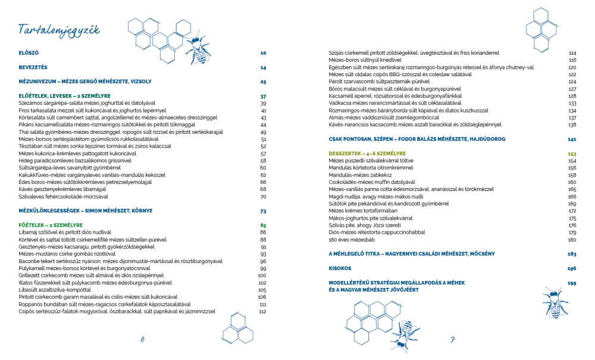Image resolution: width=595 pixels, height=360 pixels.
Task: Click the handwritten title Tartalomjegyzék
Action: [x=59, y=30]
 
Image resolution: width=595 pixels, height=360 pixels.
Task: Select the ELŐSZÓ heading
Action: [x=29, y=53]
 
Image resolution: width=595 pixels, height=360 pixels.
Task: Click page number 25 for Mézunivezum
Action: [x=262, y=82]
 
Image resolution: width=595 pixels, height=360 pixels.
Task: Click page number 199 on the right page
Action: [x=572, y=283]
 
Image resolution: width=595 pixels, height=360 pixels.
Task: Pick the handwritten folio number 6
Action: [x=143, y=340]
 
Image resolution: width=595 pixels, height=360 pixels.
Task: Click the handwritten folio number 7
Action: [x=453, y=340]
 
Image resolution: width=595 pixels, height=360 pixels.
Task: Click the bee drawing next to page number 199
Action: [x=553, y=302]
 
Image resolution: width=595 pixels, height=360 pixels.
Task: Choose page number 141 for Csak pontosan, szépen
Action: [x=572, y=139]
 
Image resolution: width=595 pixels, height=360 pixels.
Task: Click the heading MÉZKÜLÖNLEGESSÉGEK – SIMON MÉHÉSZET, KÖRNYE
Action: [x=86, y=211]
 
